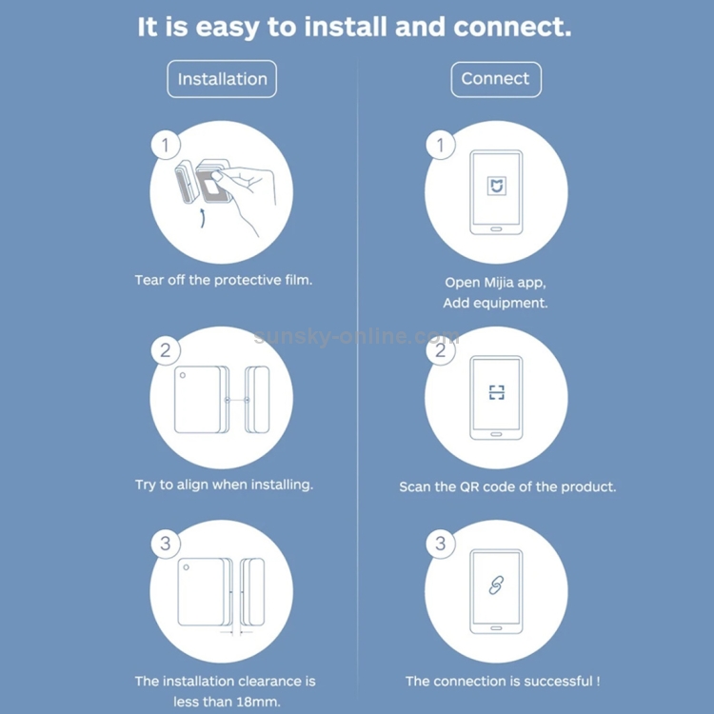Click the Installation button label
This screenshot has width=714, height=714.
click(x=222, y=79)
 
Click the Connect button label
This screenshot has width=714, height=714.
click(x=496, y=79)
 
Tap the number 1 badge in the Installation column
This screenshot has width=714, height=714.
click(x=166, y=145)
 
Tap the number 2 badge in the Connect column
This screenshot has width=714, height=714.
click(x=441, y=350)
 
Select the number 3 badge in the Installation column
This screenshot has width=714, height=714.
click(x=166, y=544)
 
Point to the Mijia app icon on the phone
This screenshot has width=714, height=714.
click(x=496, y=186)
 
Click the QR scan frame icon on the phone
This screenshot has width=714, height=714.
click(x=496, y=392)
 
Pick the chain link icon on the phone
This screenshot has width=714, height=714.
click(x=496, y=585)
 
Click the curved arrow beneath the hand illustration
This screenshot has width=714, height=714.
click(x=203, y=219)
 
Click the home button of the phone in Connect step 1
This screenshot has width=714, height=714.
click(x=496, y=229)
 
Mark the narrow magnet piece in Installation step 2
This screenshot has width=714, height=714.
click(x=258, y=400)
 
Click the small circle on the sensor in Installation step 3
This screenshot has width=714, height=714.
click(x=187, y=567)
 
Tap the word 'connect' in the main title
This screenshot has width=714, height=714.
click(x=512, y=27)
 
